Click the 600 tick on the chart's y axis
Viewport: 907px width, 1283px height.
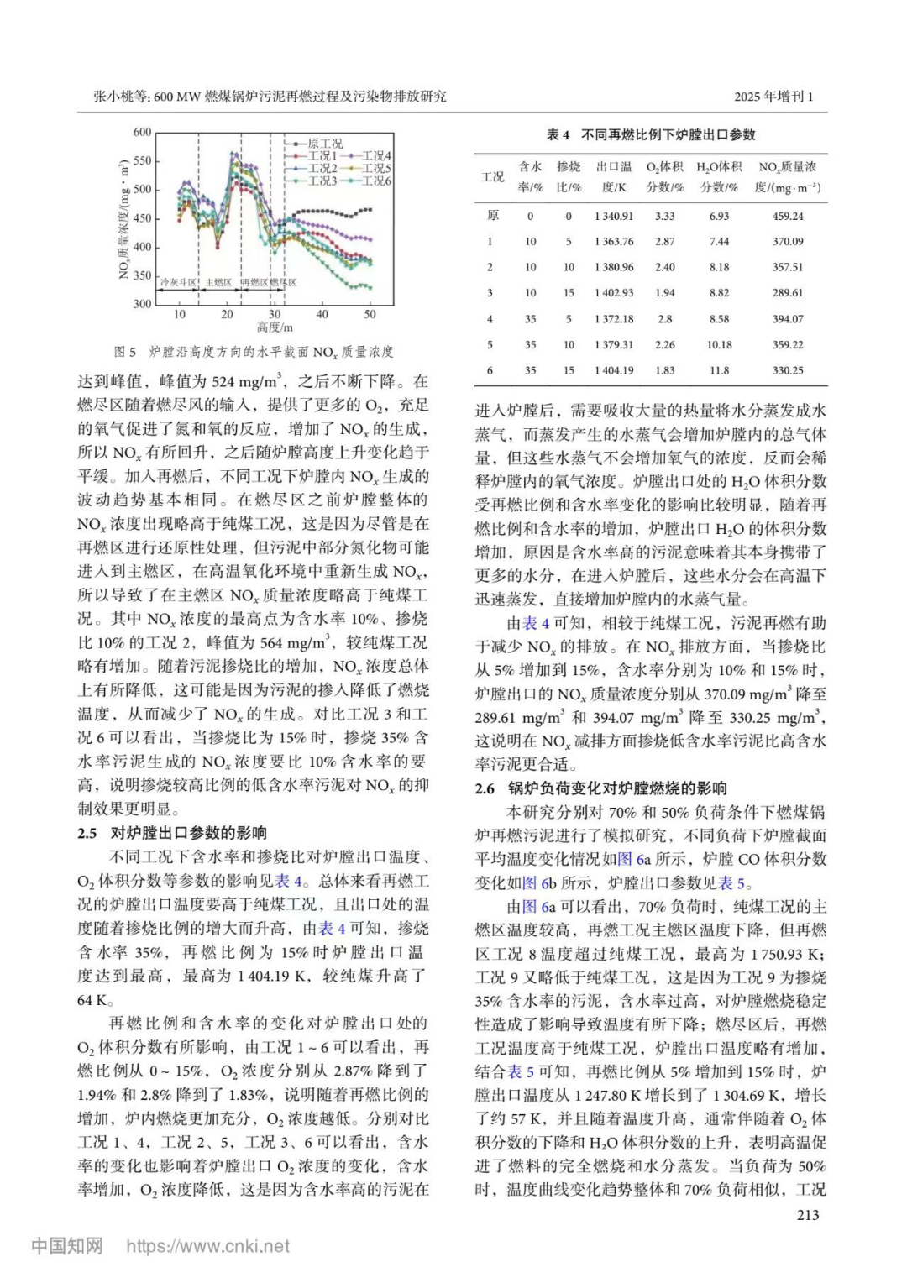(142, 132)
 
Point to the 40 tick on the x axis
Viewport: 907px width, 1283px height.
(322, 314)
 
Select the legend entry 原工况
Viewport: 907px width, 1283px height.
(325, 144)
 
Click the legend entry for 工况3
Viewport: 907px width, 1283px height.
(322, 181)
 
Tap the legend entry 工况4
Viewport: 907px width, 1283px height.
(376, 155)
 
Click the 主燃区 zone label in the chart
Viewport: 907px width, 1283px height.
(218, 283)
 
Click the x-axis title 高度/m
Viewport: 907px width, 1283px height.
(275, 327)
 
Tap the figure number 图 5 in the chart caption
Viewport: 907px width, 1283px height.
(125, 352)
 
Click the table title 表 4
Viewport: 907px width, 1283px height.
(558, 134)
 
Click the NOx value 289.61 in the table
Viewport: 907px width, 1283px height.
(787, 293)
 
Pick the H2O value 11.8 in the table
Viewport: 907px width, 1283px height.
(719, 370)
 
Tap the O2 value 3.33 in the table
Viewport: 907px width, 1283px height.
(664, 216)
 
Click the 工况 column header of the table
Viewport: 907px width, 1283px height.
(493, 177)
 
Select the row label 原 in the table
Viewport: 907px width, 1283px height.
(492, 216)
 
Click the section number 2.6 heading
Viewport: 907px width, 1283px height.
(485, 788)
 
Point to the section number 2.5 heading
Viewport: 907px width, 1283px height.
(87, 833)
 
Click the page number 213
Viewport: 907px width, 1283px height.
(807, 1214)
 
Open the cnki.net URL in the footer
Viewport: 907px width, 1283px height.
(207, 1246)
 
